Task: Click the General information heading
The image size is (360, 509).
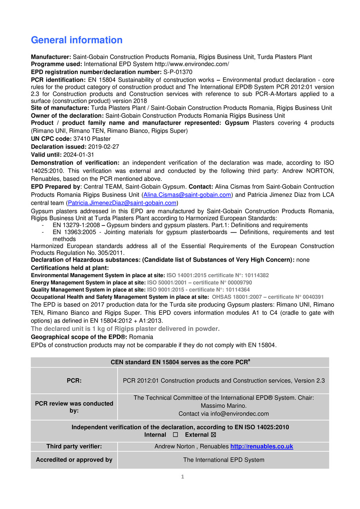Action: point(77,40)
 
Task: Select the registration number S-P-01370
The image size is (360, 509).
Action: point(178,72)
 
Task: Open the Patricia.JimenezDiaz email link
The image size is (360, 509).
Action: point(122,203)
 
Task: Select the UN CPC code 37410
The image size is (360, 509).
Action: point(81,139)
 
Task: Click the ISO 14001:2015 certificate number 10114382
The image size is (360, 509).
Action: point(254,276)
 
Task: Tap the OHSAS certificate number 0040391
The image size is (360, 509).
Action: point(309,297)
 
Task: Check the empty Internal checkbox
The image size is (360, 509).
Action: point(175,435)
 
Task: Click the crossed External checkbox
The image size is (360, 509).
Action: point(213,435)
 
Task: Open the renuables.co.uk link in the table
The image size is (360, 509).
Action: point(262,446)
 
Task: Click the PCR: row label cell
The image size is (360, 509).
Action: point(74,381)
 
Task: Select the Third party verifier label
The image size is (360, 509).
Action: point(74,446)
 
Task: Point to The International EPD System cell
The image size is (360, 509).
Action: point(224,460)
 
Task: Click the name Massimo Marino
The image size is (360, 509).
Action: point(224,406)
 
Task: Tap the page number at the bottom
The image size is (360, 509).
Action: point(182,477)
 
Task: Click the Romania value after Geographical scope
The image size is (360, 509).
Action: point(141,337)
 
